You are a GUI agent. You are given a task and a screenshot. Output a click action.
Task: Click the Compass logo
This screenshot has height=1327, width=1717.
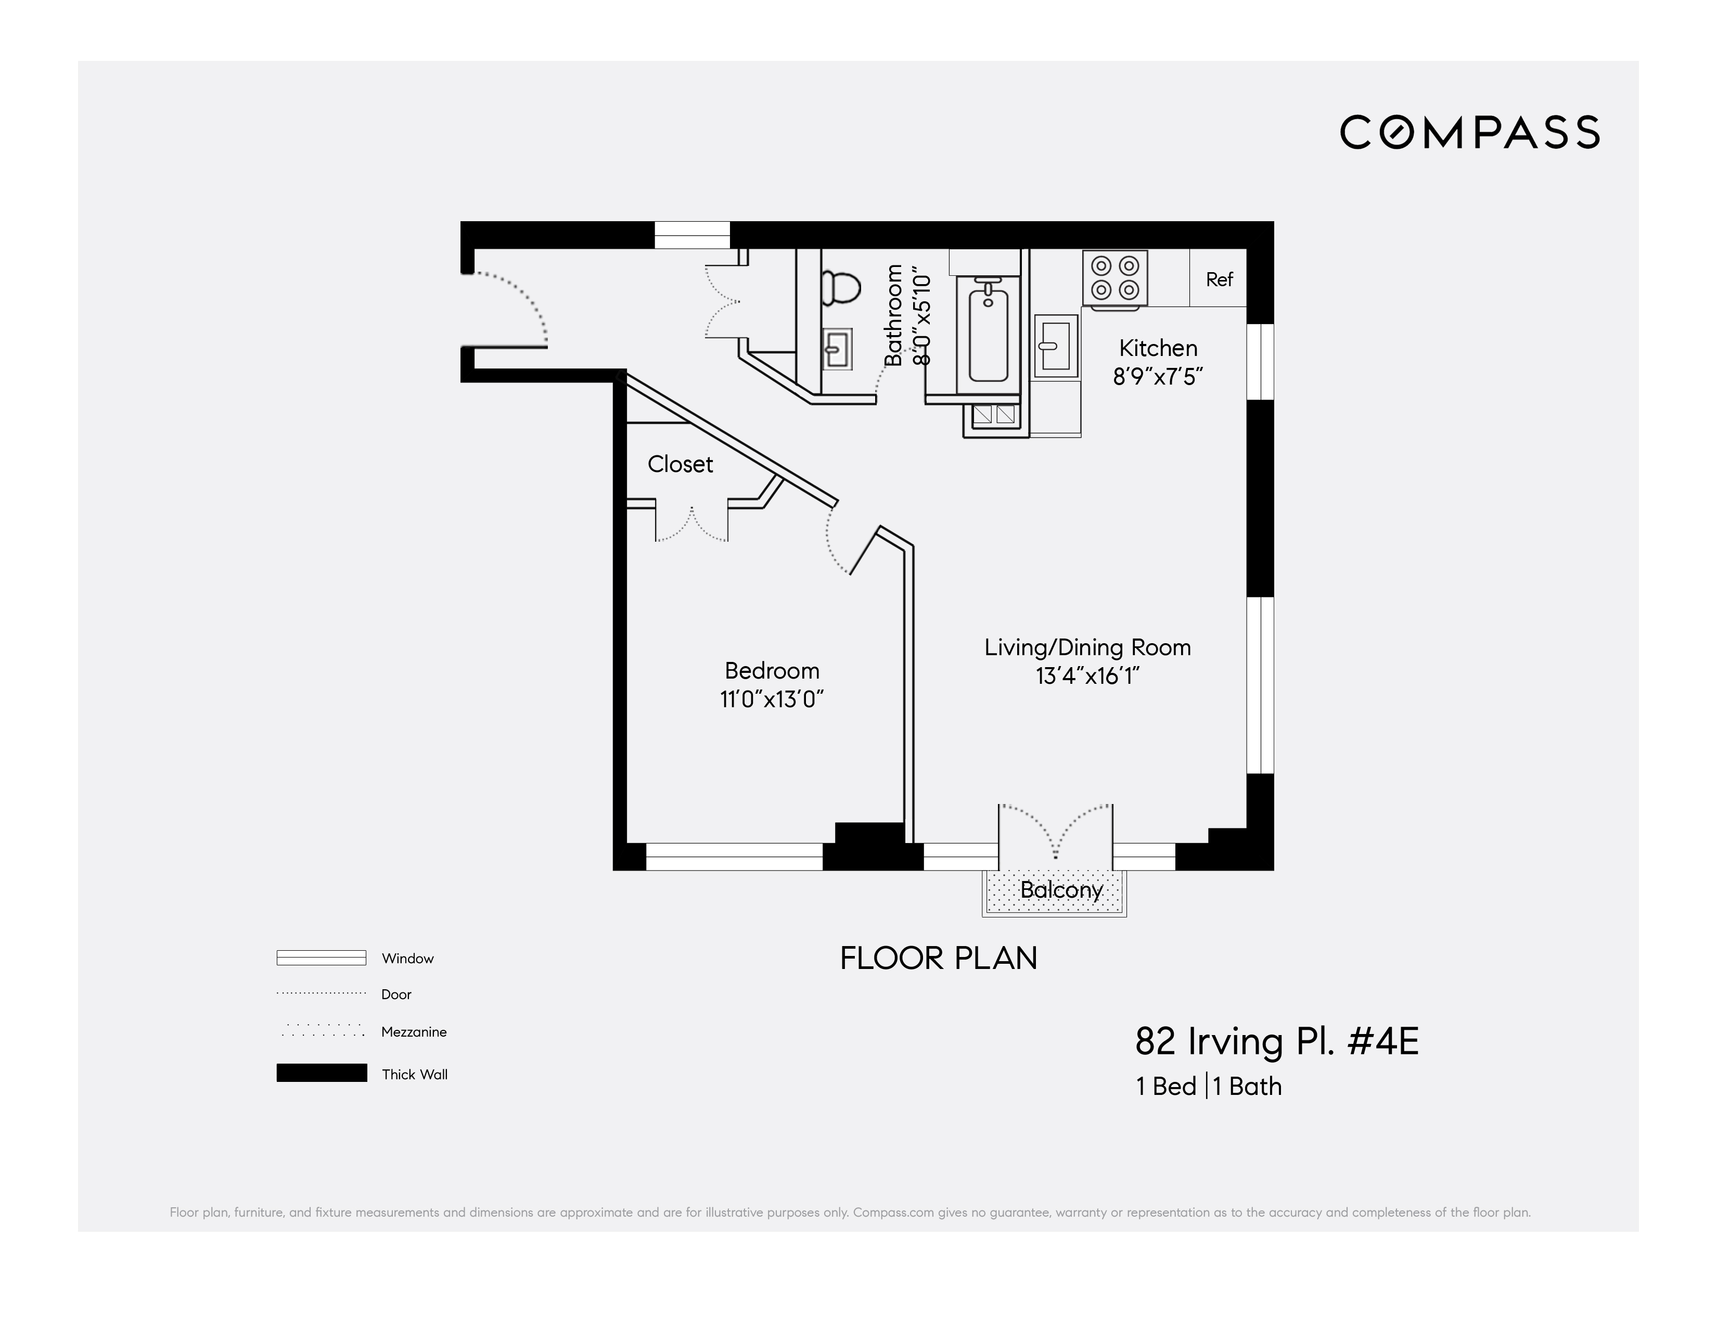coord(1469,132)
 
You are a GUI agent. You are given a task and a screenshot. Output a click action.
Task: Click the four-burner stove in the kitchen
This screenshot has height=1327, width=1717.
coord(1115,278)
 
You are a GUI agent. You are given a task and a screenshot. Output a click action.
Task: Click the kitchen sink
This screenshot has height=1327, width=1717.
coord(1055,346)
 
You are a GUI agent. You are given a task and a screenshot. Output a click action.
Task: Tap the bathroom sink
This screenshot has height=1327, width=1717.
coord(837,348)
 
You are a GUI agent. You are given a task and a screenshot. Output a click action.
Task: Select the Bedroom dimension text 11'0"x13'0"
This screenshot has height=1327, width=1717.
coord(771,699)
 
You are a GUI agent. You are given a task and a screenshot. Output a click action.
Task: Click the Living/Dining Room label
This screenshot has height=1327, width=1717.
coord(1087,648)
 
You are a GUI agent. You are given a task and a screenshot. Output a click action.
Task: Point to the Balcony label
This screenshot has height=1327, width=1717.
coord(1060,890)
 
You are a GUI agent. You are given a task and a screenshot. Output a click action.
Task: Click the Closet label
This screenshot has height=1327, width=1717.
coord(680,465)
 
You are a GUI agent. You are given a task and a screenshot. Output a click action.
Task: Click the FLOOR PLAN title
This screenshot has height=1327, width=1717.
coord(939,958)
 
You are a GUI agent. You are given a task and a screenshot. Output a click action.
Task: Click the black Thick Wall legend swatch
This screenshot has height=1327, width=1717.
coord(322,1073)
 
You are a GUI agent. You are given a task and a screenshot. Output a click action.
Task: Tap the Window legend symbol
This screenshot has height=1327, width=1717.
coord(322,958)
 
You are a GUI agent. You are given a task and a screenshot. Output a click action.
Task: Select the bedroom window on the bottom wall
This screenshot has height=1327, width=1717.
coord(734,857)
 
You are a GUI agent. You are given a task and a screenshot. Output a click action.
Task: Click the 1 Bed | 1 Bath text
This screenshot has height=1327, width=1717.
coord(1208,1087)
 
